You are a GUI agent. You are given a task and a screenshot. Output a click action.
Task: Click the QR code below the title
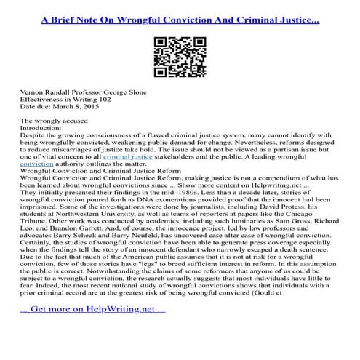click(179, 55)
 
